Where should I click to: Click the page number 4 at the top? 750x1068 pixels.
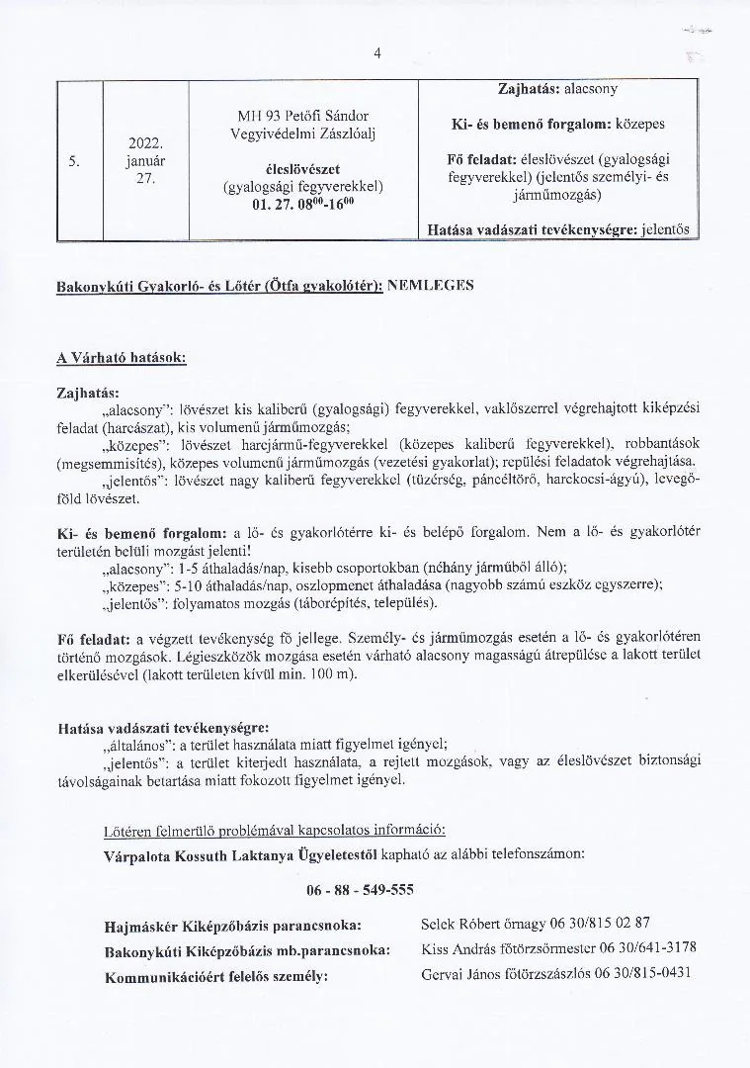coord(376,53)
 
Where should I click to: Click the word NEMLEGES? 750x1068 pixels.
coord(432,285)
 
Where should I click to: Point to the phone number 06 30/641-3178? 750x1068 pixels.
coord(647,948)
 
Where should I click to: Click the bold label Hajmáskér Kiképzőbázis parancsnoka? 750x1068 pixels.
coord(232,927)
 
